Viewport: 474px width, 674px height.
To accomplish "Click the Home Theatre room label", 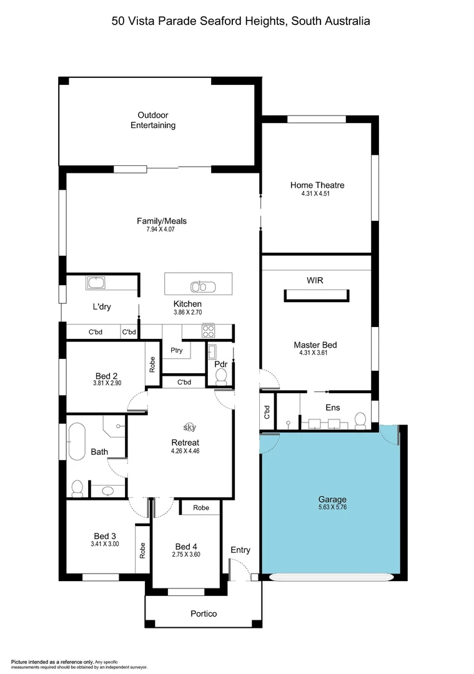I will point(317,185).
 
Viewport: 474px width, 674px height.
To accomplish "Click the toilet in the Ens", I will point(360,421).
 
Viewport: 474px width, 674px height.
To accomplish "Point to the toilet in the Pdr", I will point(220,376).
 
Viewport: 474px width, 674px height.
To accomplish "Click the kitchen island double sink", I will point(203,287).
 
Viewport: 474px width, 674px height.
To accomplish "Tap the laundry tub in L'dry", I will point(96,283).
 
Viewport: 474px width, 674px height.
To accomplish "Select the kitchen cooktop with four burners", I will point(208,331).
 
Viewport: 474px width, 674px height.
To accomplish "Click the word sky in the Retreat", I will point(189,427).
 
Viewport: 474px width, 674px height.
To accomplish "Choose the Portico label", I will point(204,613).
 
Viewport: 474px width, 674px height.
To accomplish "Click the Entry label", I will point(240,550).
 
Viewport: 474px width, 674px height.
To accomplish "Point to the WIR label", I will point(315,280).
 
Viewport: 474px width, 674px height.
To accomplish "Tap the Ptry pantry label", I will point(177,350).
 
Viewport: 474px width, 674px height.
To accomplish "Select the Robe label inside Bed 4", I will point(201,508).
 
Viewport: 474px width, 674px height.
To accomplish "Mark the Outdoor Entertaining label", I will point(152,120).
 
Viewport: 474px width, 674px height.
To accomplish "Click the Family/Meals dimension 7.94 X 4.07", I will point(162,230).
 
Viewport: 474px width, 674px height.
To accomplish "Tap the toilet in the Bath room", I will point(77,487).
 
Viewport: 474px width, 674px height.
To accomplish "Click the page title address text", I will point(240,21).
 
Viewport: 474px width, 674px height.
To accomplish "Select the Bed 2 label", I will point(106,376).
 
